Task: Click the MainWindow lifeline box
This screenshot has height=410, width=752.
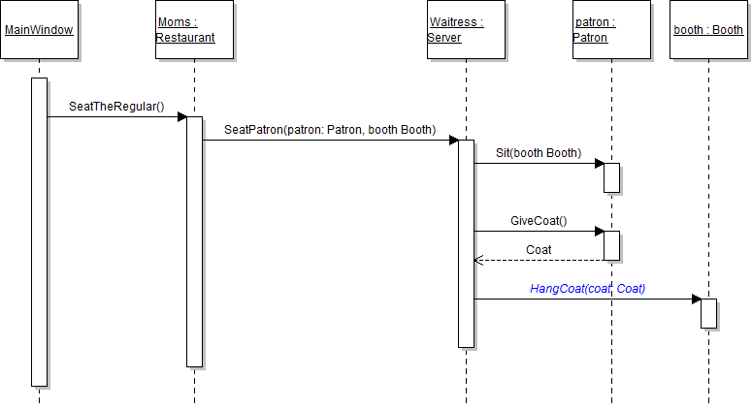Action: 39,30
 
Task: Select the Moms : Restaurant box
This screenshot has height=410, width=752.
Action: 194,30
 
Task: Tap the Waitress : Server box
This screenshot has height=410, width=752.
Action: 466,30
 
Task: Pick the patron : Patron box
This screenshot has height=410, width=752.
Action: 611,30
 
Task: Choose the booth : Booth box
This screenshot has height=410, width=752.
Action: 708,30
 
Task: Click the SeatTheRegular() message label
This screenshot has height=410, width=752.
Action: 117,106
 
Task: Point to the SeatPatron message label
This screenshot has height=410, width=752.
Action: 330,129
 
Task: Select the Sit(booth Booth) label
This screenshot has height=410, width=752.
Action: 539,153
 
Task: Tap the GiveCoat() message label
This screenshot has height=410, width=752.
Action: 539,221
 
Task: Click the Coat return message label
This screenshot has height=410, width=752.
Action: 539,250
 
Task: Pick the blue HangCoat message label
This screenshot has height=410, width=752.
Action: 587,289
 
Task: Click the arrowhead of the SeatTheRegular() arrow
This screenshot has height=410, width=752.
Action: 181,116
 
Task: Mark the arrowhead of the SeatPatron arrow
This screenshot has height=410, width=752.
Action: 453,140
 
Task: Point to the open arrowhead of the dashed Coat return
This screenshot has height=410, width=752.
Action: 477,260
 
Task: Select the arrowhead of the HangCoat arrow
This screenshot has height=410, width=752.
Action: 696,299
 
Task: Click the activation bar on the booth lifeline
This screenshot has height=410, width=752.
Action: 708,313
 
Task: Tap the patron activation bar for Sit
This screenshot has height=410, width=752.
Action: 611,177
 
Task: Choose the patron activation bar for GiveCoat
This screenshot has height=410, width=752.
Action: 611,245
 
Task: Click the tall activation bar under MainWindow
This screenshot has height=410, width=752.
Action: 39,233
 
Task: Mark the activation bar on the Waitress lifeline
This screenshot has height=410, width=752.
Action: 466,242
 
